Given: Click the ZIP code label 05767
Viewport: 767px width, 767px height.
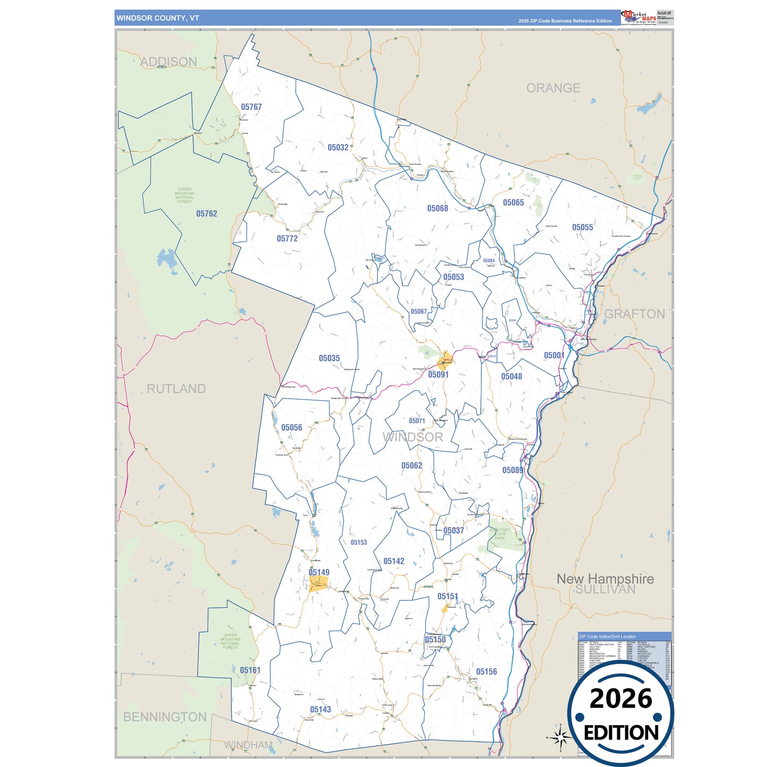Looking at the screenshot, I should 251,107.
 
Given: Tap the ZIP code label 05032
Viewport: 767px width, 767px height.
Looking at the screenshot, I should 338,148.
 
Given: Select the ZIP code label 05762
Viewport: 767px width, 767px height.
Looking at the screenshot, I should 206,214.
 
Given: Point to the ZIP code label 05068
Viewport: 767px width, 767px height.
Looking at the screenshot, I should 437,209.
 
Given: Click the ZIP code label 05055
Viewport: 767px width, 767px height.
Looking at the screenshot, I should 582,228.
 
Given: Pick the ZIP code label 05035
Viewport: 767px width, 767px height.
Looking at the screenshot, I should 329,359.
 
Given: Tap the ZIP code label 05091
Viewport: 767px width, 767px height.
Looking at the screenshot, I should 438,375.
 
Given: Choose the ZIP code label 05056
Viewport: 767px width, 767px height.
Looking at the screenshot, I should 291,428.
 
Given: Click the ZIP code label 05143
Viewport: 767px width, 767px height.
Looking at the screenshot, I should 320,710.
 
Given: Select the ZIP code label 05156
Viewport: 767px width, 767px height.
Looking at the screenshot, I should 486,672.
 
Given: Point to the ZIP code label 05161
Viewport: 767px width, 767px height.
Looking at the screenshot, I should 250,670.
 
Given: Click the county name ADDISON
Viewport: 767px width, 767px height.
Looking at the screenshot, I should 168,62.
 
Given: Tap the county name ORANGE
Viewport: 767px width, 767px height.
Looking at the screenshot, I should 553,88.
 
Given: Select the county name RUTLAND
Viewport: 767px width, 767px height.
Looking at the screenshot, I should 176,389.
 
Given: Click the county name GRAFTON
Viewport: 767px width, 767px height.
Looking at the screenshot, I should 634,314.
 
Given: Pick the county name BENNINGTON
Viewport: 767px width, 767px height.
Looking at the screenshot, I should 165,717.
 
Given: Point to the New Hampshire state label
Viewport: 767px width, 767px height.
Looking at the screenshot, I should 605,579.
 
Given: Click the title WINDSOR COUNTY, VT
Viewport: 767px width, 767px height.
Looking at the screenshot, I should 158,18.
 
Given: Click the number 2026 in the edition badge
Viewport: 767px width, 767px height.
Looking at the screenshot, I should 621,699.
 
